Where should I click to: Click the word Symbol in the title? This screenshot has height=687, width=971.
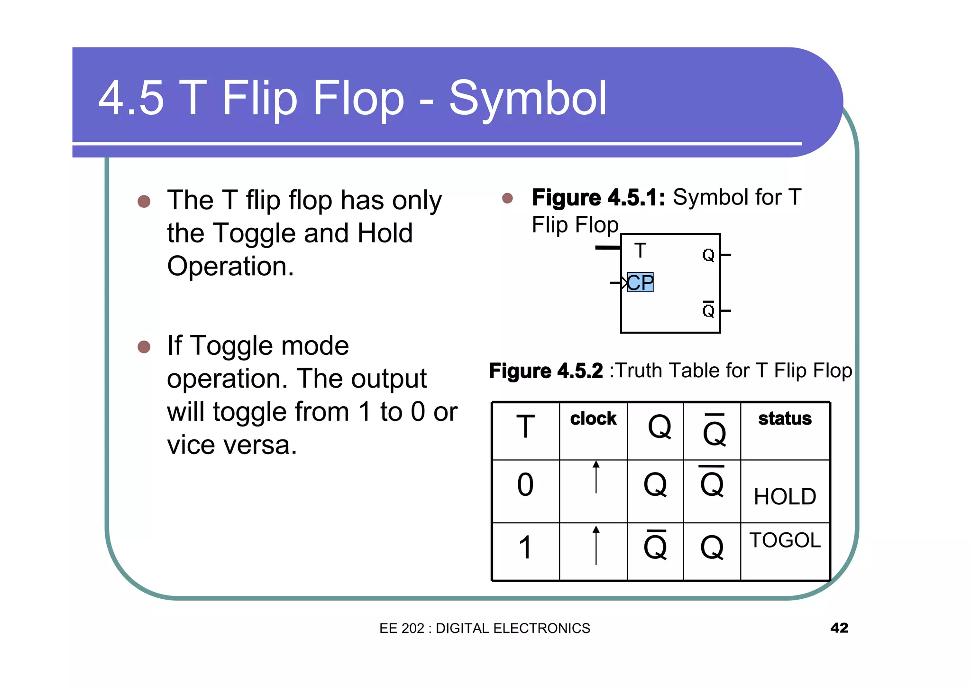coord(527,99)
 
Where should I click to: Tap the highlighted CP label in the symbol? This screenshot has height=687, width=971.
coord(640,282)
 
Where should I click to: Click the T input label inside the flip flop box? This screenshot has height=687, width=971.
coord(640,251)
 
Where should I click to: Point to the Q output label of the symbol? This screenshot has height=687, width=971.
coord(708,255)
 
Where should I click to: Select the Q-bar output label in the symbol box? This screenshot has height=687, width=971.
coord(708,310)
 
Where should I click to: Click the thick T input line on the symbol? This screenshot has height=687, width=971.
coord(608,247)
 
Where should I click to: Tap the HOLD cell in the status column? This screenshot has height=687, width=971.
coord(785,497)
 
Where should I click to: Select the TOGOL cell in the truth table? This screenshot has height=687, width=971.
coord(785,540)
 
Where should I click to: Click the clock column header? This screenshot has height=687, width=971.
coord(593,418)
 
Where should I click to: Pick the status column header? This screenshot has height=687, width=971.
coord(785,418)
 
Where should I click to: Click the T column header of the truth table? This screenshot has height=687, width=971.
coord(525,427)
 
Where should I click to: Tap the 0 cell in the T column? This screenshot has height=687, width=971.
coord(525,485)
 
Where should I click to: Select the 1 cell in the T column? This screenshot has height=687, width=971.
coord(525,548)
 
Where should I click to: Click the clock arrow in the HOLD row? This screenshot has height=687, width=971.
coord(596,477)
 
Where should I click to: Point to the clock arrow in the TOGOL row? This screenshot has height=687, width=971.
coord(596,545)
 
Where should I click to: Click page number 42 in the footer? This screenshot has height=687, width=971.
coord(839,628)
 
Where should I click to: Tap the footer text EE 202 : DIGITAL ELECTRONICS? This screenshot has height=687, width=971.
coord(485,628)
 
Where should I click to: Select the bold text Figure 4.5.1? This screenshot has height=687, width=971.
coord(598,197)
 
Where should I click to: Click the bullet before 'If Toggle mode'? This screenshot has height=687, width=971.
coord(144,347)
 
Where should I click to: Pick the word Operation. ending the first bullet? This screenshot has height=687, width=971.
coord(230,266)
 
